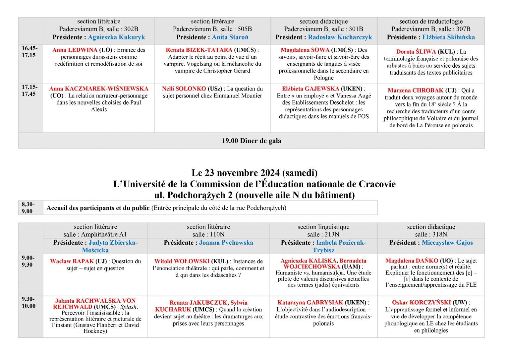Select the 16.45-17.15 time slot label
point(29,52)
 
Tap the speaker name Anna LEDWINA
point(75,50)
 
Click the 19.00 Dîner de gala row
point(251,141)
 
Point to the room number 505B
point(245,29)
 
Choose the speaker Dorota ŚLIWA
point(416,52)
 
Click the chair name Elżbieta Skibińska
point(448,37)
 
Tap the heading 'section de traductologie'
point(431,21)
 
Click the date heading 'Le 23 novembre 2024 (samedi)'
point(254,173)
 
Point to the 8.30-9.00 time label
point(28,208)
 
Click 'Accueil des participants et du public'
point(98,208)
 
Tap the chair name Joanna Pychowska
point(226,243)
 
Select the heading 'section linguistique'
point(323,227)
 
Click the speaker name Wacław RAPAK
point(72,261)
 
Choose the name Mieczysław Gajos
point(447,243)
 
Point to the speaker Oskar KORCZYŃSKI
point(421,302)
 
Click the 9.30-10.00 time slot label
point(28,303)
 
